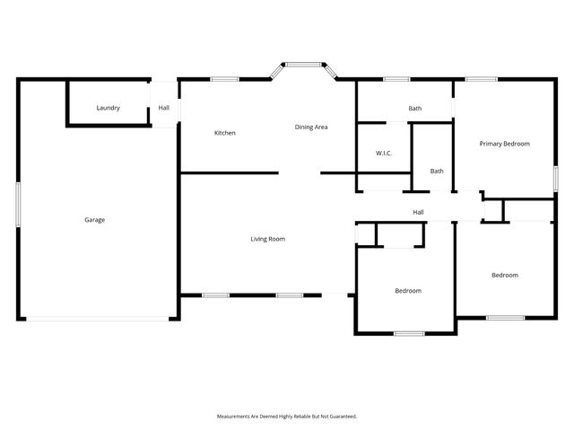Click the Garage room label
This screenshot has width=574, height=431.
pyautogui.click(x=95, y=220)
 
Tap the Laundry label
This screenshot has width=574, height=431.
pyautogui.click(x=109, y=109)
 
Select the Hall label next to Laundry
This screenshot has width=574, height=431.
pyautogui.click(x=163, y=109)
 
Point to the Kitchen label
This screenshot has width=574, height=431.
pyautogui.click(x=224, y=134)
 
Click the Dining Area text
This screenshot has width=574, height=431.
pyautogui.click(x=311, y=128)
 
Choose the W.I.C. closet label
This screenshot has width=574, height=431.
pyautogui.click(x=384, y=154)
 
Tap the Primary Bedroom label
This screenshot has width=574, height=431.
pyautogui.click(x=504, y=144)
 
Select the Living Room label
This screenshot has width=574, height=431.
pyautogui.click(x=267, y=239)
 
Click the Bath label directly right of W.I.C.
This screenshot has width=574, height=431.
pyautogui.click(x=437, y=171)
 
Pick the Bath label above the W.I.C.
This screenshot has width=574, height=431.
pyautogui.click(x=414, y=109)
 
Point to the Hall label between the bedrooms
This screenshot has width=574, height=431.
pyautogui.click(x=418, y=212)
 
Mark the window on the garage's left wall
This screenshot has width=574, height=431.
pyautogui.click(x=18, y=205)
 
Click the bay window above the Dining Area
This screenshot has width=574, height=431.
pyautogui.click(x=302, y=65)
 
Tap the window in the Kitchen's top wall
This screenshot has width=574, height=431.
pyautogui.click(x=224, y=80)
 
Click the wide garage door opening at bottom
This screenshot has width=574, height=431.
pyautogui.click(x=95, y=318)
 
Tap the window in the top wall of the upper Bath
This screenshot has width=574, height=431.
pyautogui.click(x=396, y=80)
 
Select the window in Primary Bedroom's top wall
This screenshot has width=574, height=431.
pyautogui.click(x=482, y=80)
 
